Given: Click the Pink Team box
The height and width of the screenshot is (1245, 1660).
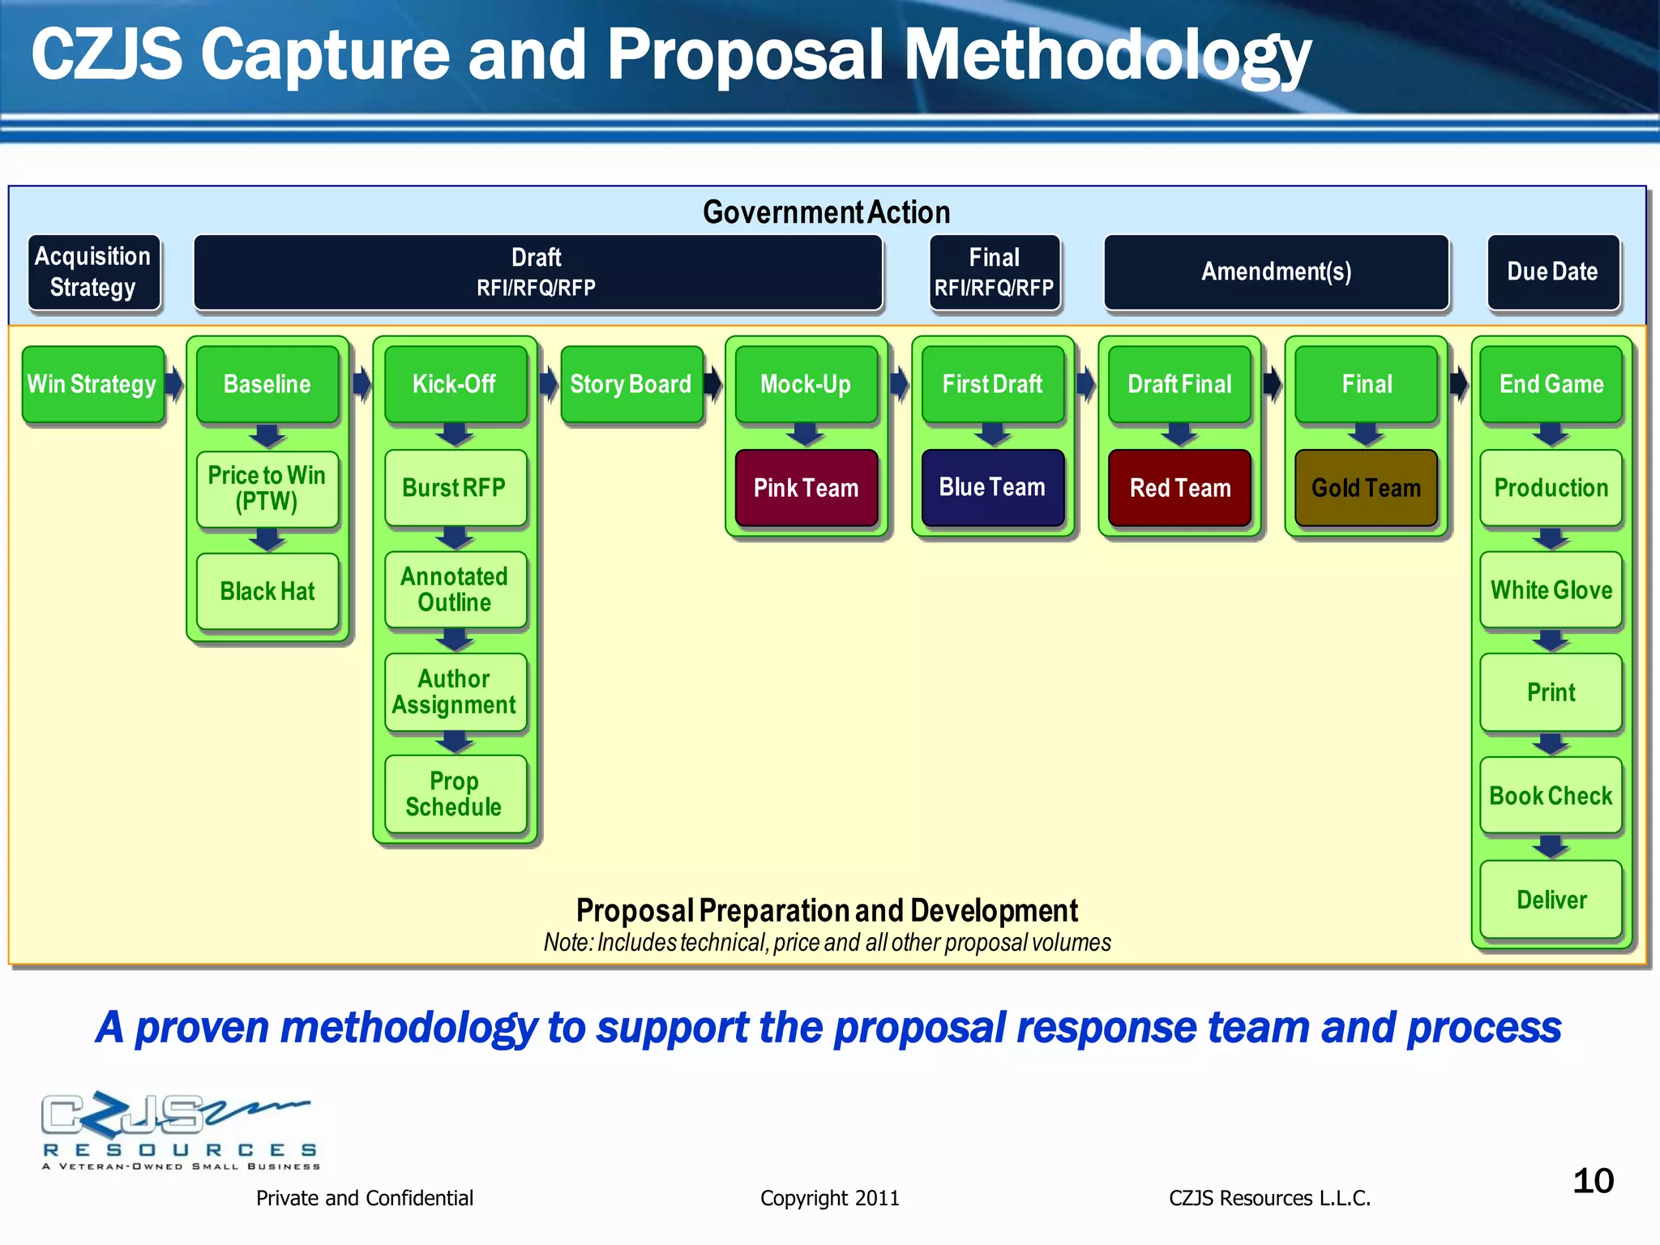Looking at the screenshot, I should click(806, 488).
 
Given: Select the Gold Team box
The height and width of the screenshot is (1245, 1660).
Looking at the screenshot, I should click(1366, 488).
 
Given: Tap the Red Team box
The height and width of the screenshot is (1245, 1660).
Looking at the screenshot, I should click(1179, 488).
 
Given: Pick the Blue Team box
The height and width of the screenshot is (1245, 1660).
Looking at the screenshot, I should click(992, 487).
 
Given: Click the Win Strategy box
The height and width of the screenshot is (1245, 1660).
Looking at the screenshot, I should click(92, 384).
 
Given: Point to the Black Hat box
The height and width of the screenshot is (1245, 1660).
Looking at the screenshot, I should click(267, 591).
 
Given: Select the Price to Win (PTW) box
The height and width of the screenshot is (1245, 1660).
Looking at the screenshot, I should click(267, 488).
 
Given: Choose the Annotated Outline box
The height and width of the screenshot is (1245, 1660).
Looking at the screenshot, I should click(455, 589).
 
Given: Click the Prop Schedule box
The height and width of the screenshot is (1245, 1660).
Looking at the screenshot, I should click(455, 794).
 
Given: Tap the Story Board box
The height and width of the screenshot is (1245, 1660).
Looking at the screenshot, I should click(631, 384).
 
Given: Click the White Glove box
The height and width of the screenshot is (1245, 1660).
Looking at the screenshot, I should click(1551, 590).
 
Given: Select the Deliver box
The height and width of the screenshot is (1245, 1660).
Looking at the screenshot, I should click(1551, 900).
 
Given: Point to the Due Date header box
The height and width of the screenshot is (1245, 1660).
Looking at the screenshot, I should click(1552, 272).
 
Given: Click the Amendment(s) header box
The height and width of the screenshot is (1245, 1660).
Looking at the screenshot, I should click(1276, 272).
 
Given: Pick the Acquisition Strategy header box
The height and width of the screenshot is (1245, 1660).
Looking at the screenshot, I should click(93, 272).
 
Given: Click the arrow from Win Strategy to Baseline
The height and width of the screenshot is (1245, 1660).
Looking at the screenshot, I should click(174, 383).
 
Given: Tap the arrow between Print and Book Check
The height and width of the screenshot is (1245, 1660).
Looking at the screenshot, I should click(1551, 744).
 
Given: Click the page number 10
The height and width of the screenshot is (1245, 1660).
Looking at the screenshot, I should click(1593, 1181).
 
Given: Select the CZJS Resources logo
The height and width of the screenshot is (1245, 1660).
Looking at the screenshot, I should click(180, 1130).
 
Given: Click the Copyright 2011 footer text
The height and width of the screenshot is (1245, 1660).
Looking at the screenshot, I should click(829, 1198).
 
